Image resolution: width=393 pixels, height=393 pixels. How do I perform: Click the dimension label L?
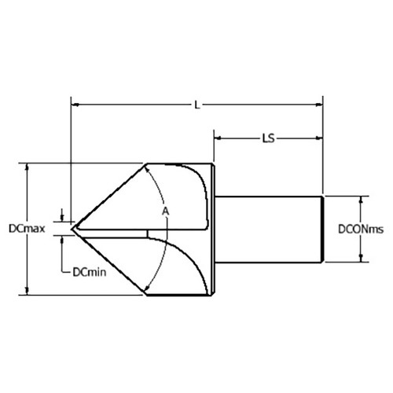[x=196, y=101]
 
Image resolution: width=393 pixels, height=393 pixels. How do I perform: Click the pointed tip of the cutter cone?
[x=73, y=229]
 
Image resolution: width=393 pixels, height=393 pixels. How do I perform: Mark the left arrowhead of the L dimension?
[x=75, y=101]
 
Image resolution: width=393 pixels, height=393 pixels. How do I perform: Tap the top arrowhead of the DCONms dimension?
[x=361, y=198]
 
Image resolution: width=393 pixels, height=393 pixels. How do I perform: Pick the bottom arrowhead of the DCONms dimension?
[x=361, y=259]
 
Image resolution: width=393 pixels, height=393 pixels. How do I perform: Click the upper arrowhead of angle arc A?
[x=149, y=168]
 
